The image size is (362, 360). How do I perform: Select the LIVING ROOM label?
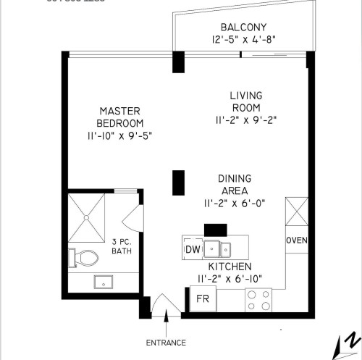click(245, 101)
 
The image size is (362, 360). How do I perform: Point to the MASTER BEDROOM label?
click(119, 117)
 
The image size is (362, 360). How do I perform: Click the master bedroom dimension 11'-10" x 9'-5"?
click(119, 135)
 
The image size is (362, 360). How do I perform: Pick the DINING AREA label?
click(235, 185)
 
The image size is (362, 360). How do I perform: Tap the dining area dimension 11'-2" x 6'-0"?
click(235, 204)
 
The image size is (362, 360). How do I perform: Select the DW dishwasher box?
click(193, 249)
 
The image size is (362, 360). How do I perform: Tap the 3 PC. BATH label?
click(122, 246)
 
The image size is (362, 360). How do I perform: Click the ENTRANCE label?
click(166, 343)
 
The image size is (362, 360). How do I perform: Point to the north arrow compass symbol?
click(346, 345)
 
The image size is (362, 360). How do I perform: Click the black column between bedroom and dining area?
click(177, 182)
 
